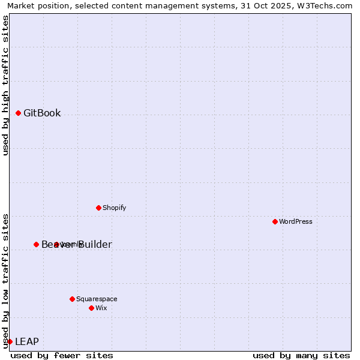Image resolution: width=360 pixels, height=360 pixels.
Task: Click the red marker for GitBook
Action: tap(19, 113)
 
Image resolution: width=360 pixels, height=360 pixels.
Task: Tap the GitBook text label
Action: tap(42, 113)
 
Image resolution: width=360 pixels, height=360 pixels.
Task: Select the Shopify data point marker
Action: tap(99, 208)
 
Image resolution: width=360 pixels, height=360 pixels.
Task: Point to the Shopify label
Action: tap(114, 208)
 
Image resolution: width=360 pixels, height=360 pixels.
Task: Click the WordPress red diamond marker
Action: tap(275, 221)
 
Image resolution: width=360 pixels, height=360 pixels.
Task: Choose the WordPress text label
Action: tap(296, 222)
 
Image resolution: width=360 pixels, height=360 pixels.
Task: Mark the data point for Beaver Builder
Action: tap(37, 244)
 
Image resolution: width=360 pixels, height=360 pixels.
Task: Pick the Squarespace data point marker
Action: tap(73, 299)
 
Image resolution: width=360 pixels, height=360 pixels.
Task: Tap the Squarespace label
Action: tap(97, 299)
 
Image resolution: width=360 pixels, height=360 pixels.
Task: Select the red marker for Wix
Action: tap(92, 308)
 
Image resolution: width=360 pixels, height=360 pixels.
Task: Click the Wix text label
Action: tap(101, 308)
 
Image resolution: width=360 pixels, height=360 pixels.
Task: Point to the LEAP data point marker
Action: tap(10, 341)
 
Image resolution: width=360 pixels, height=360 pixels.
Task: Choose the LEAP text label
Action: tap(27, 342)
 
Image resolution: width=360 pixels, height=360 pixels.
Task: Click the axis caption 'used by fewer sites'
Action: tap(62, 355)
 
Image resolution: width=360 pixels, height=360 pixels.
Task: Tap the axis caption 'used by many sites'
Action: tap(301, 355)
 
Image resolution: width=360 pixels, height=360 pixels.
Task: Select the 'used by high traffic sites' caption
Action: tap(5, 85)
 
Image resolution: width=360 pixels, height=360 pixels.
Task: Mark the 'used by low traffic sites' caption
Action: tap(5, 280)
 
